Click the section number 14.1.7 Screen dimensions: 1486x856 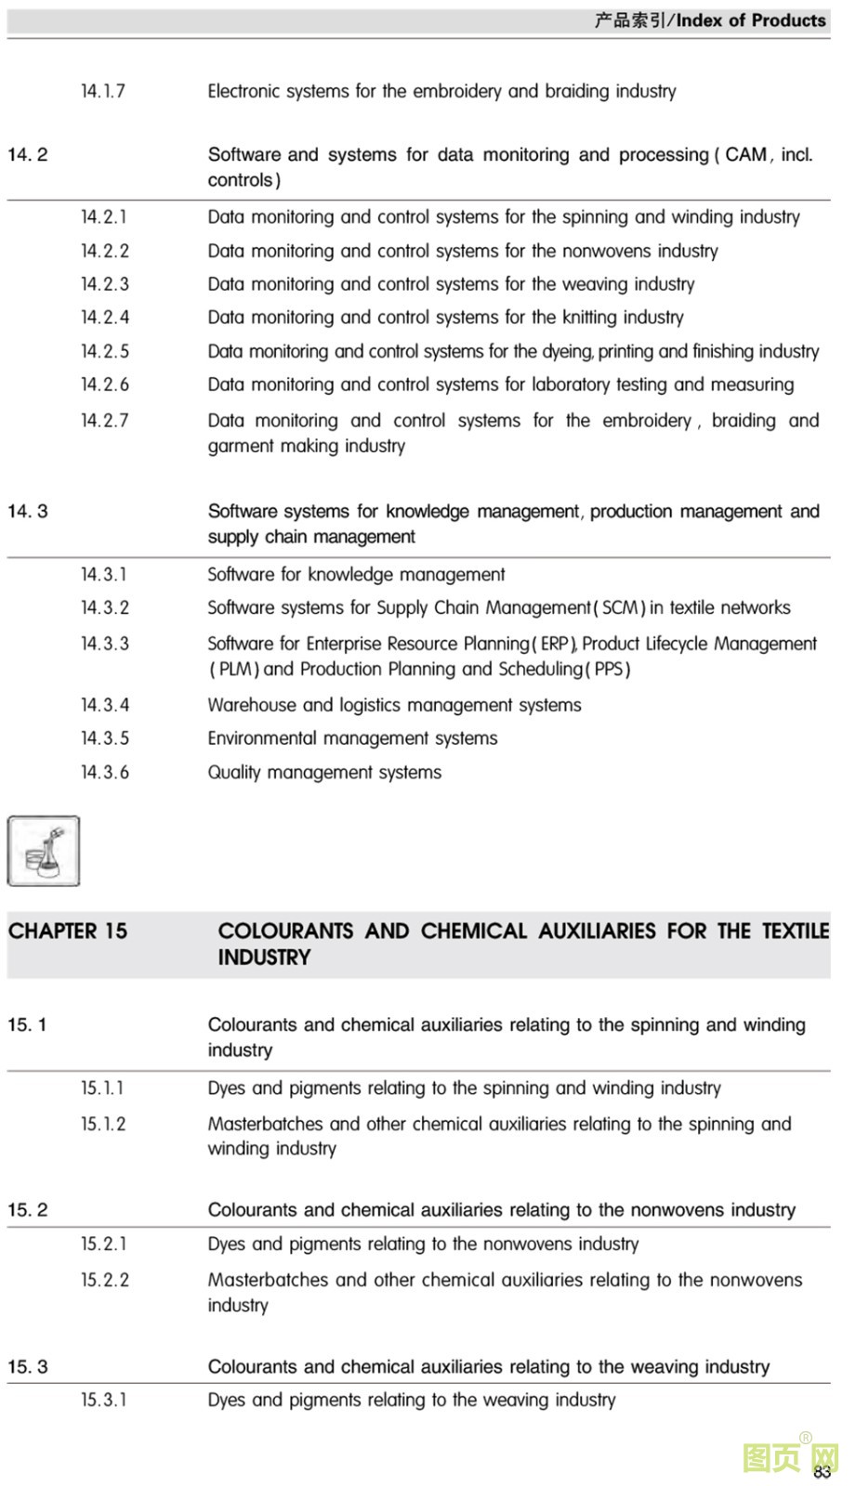[x=102, y=91]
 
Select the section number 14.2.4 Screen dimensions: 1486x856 [x=104, y=318]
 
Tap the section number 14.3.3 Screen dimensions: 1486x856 [x=104, y=644]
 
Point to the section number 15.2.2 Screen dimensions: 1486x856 [x=104, y=1280]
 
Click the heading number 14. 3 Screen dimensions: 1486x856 [x=28, y=511]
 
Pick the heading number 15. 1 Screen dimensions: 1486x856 [x=27, y=1025]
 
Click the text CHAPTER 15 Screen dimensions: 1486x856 [x=68, y=932]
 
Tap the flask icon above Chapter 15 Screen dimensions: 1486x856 [x=44, y=851]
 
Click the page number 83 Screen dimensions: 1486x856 [x=822, y=1472]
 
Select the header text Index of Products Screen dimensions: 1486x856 [x=751, y=20]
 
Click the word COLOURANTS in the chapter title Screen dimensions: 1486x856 [x=285, y=932]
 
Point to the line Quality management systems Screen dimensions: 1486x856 [x=324, y=773]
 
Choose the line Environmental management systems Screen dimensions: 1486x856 [x=352, y=738]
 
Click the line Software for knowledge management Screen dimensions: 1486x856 [x=356, y=575]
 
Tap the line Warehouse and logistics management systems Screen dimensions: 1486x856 [x=394, y=705]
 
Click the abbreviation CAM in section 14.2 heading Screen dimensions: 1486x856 [x=745, y=155]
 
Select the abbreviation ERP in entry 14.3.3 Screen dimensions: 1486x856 [x=554, y=644]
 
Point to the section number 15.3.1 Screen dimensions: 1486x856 [x=103, y=1400]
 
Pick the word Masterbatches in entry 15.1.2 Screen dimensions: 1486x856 [x=265, y=1124]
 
